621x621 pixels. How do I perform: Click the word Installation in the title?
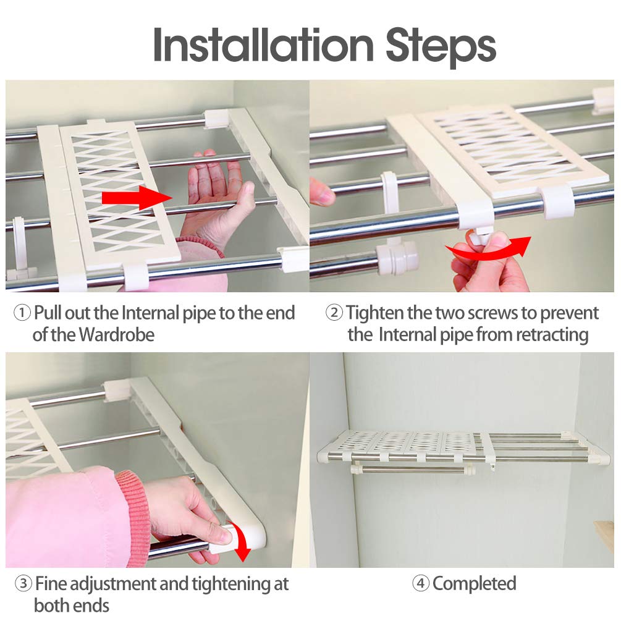coord(263,44)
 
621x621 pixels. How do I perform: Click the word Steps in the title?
coord(441,48)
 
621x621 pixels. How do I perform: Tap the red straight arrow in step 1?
coord(137,197)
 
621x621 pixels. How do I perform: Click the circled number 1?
coord(22,313)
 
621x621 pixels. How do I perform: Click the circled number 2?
coord(334,313)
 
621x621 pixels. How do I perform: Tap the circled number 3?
coord(23,583)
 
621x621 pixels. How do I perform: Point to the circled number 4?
coord(421,583)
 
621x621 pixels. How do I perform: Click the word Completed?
coord(475,584)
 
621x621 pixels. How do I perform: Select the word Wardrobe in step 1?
coord(117,335)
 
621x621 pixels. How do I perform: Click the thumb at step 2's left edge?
coord(321,192)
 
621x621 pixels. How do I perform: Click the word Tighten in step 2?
coord(374,313)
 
